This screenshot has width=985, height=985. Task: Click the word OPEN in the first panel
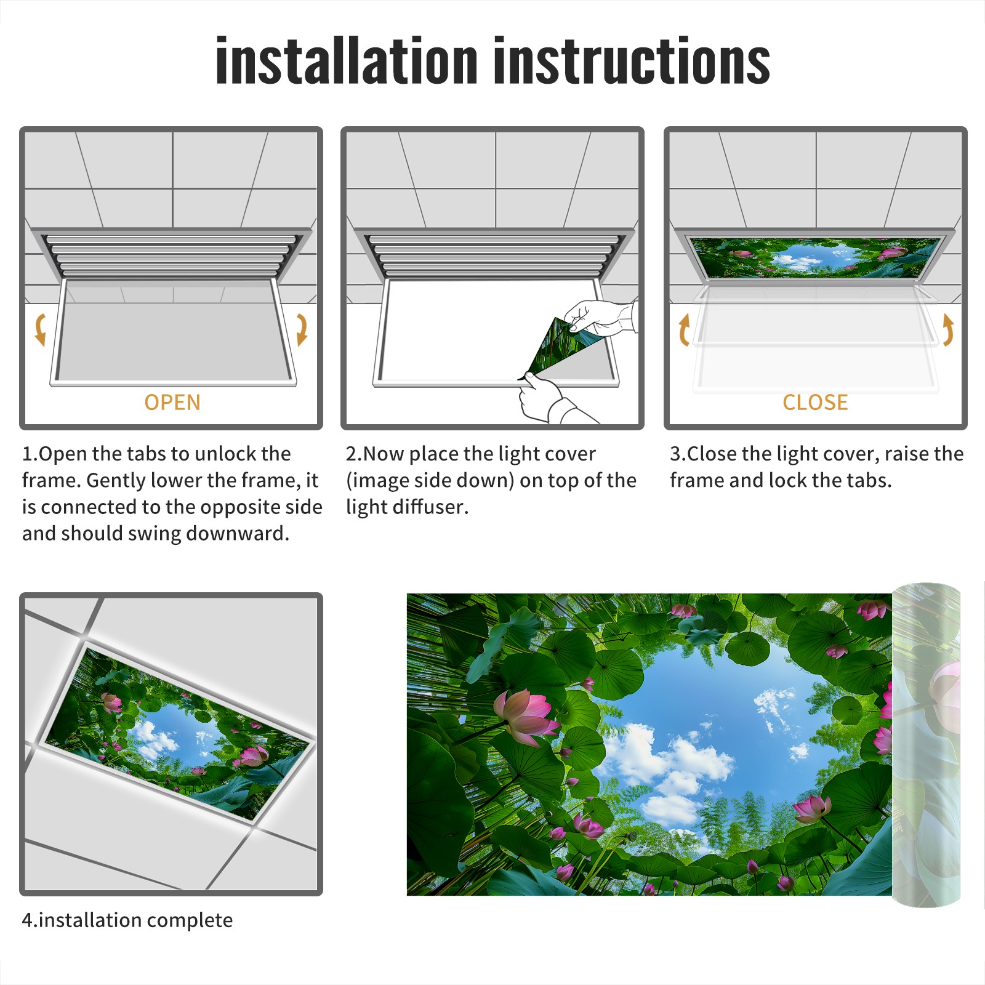172,403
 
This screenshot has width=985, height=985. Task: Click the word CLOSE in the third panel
815,403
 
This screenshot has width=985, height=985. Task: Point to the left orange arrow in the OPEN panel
41,329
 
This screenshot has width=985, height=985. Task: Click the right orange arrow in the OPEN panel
302,329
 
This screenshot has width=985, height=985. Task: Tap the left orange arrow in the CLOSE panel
684,329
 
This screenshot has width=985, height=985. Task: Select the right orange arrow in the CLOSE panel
948,329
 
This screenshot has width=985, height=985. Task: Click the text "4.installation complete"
127,920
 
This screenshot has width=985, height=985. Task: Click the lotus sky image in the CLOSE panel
815,257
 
